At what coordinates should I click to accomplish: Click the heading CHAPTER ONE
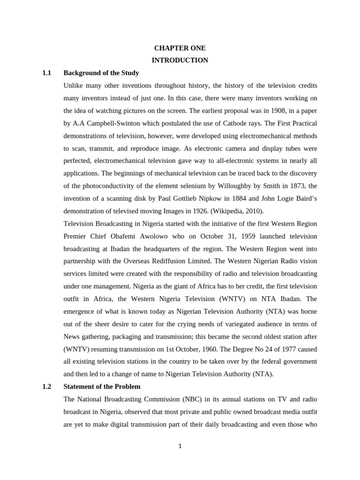pos(180,48)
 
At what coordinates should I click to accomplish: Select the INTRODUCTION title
pos(180,60)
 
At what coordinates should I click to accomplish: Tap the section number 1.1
pos(46,73)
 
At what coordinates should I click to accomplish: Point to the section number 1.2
pos(46,387)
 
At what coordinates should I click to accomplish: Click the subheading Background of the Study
pos(101,73)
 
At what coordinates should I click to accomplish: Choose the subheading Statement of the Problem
pos(102,387)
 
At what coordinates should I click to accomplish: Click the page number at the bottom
pos(180,446)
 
